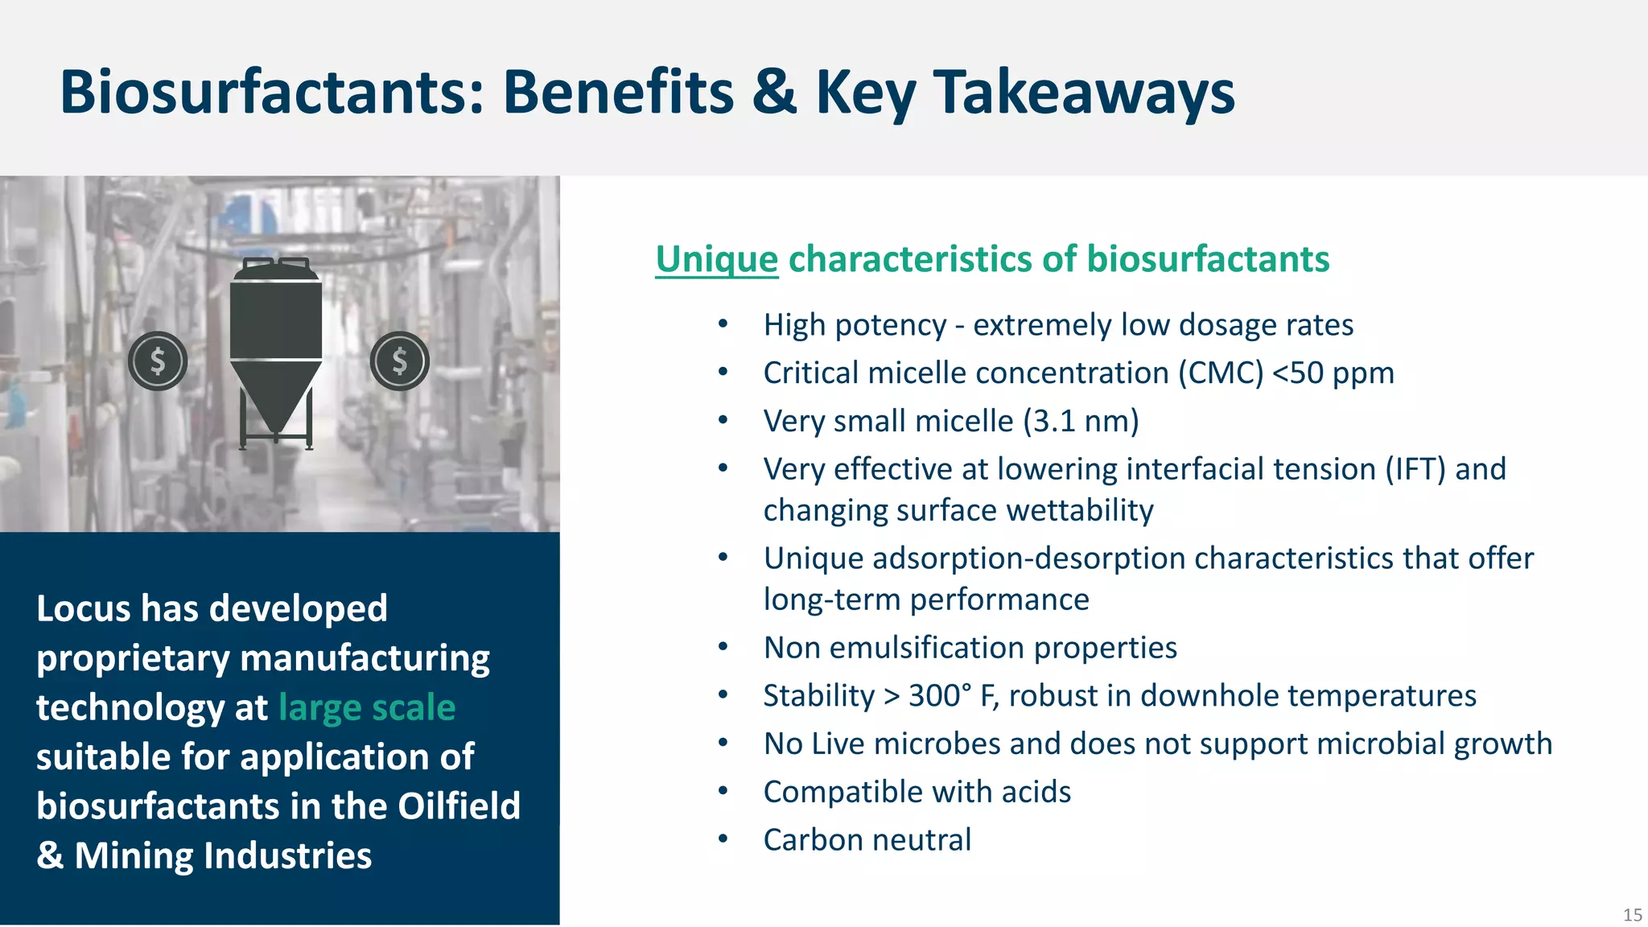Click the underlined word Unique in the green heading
[716, 260]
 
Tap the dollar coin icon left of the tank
[158, 361]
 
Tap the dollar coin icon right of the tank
[400, 361]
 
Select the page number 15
[1632, 915]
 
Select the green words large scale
[367, 707]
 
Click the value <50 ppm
[1333, 373]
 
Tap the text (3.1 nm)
[1081, 422]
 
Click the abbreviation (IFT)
[1415, 469]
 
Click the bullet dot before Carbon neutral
[723, 839]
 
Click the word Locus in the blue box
[84, 608]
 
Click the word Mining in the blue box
[133, 855]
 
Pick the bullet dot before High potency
[723, 324]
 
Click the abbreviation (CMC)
[1221, 373]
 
